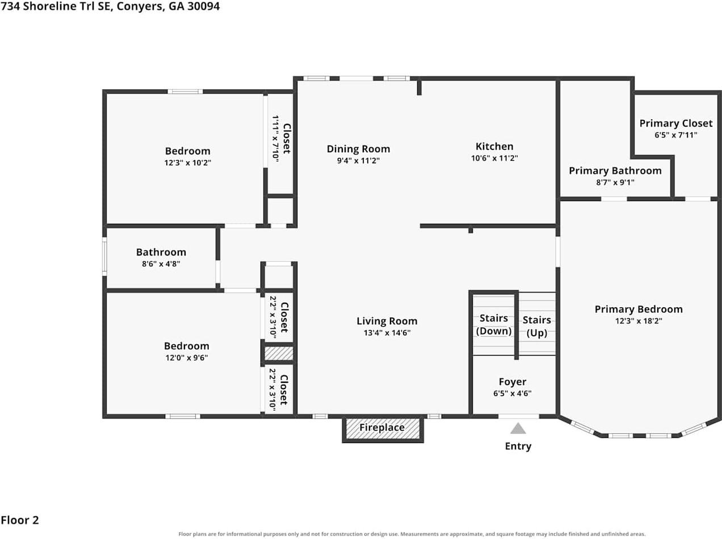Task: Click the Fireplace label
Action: coord(382,427)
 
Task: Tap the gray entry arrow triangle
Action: coord(518,428)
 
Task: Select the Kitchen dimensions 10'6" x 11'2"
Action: coord(494,158)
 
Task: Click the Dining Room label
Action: coord(358,149)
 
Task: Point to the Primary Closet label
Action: coord(676,123)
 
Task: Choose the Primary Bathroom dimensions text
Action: coord(615,182)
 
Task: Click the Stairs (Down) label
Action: coord(494,324)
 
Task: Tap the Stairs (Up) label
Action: coord(537,326)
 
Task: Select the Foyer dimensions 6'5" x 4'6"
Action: coord(513,393)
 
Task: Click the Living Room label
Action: coord(387,321)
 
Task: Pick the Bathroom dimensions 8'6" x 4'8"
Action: coord(161,264)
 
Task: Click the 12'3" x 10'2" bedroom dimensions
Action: coord(187,162)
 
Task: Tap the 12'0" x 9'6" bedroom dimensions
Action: coord(187,357)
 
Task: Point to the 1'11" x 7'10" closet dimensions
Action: coord(276,139)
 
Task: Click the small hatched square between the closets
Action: coord(279,353)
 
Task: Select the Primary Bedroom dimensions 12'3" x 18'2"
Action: coord(639,321)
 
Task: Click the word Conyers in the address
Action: coord(141,6)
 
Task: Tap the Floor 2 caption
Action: coord(20,520)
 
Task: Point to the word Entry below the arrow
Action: coord(518,446)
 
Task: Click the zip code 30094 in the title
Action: coord(204,6)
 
